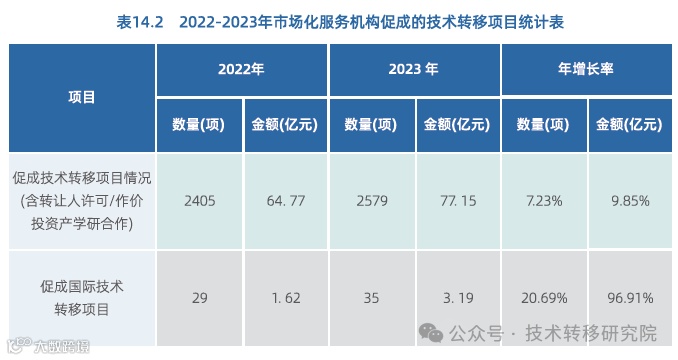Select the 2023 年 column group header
click(x=413, y=70)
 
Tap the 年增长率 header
click(x=585, y=70)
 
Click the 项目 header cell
click(x=82, y=97)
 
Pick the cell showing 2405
click(x=199, y=201)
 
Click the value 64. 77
click(x=284, y=201)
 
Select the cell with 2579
click(x=371, y=201)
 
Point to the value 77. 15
click(x=456, y=201)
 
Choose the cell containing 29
click(x=199, y=298)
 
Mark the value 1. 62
click(x=284, y=298)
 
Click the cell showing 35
click(x=371, y=298)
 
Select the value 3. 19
click(x=456, y=298)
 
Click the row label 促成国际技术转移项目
click(x=82, y=298)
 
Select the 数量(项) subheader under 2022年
click(x=198, y=125)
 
